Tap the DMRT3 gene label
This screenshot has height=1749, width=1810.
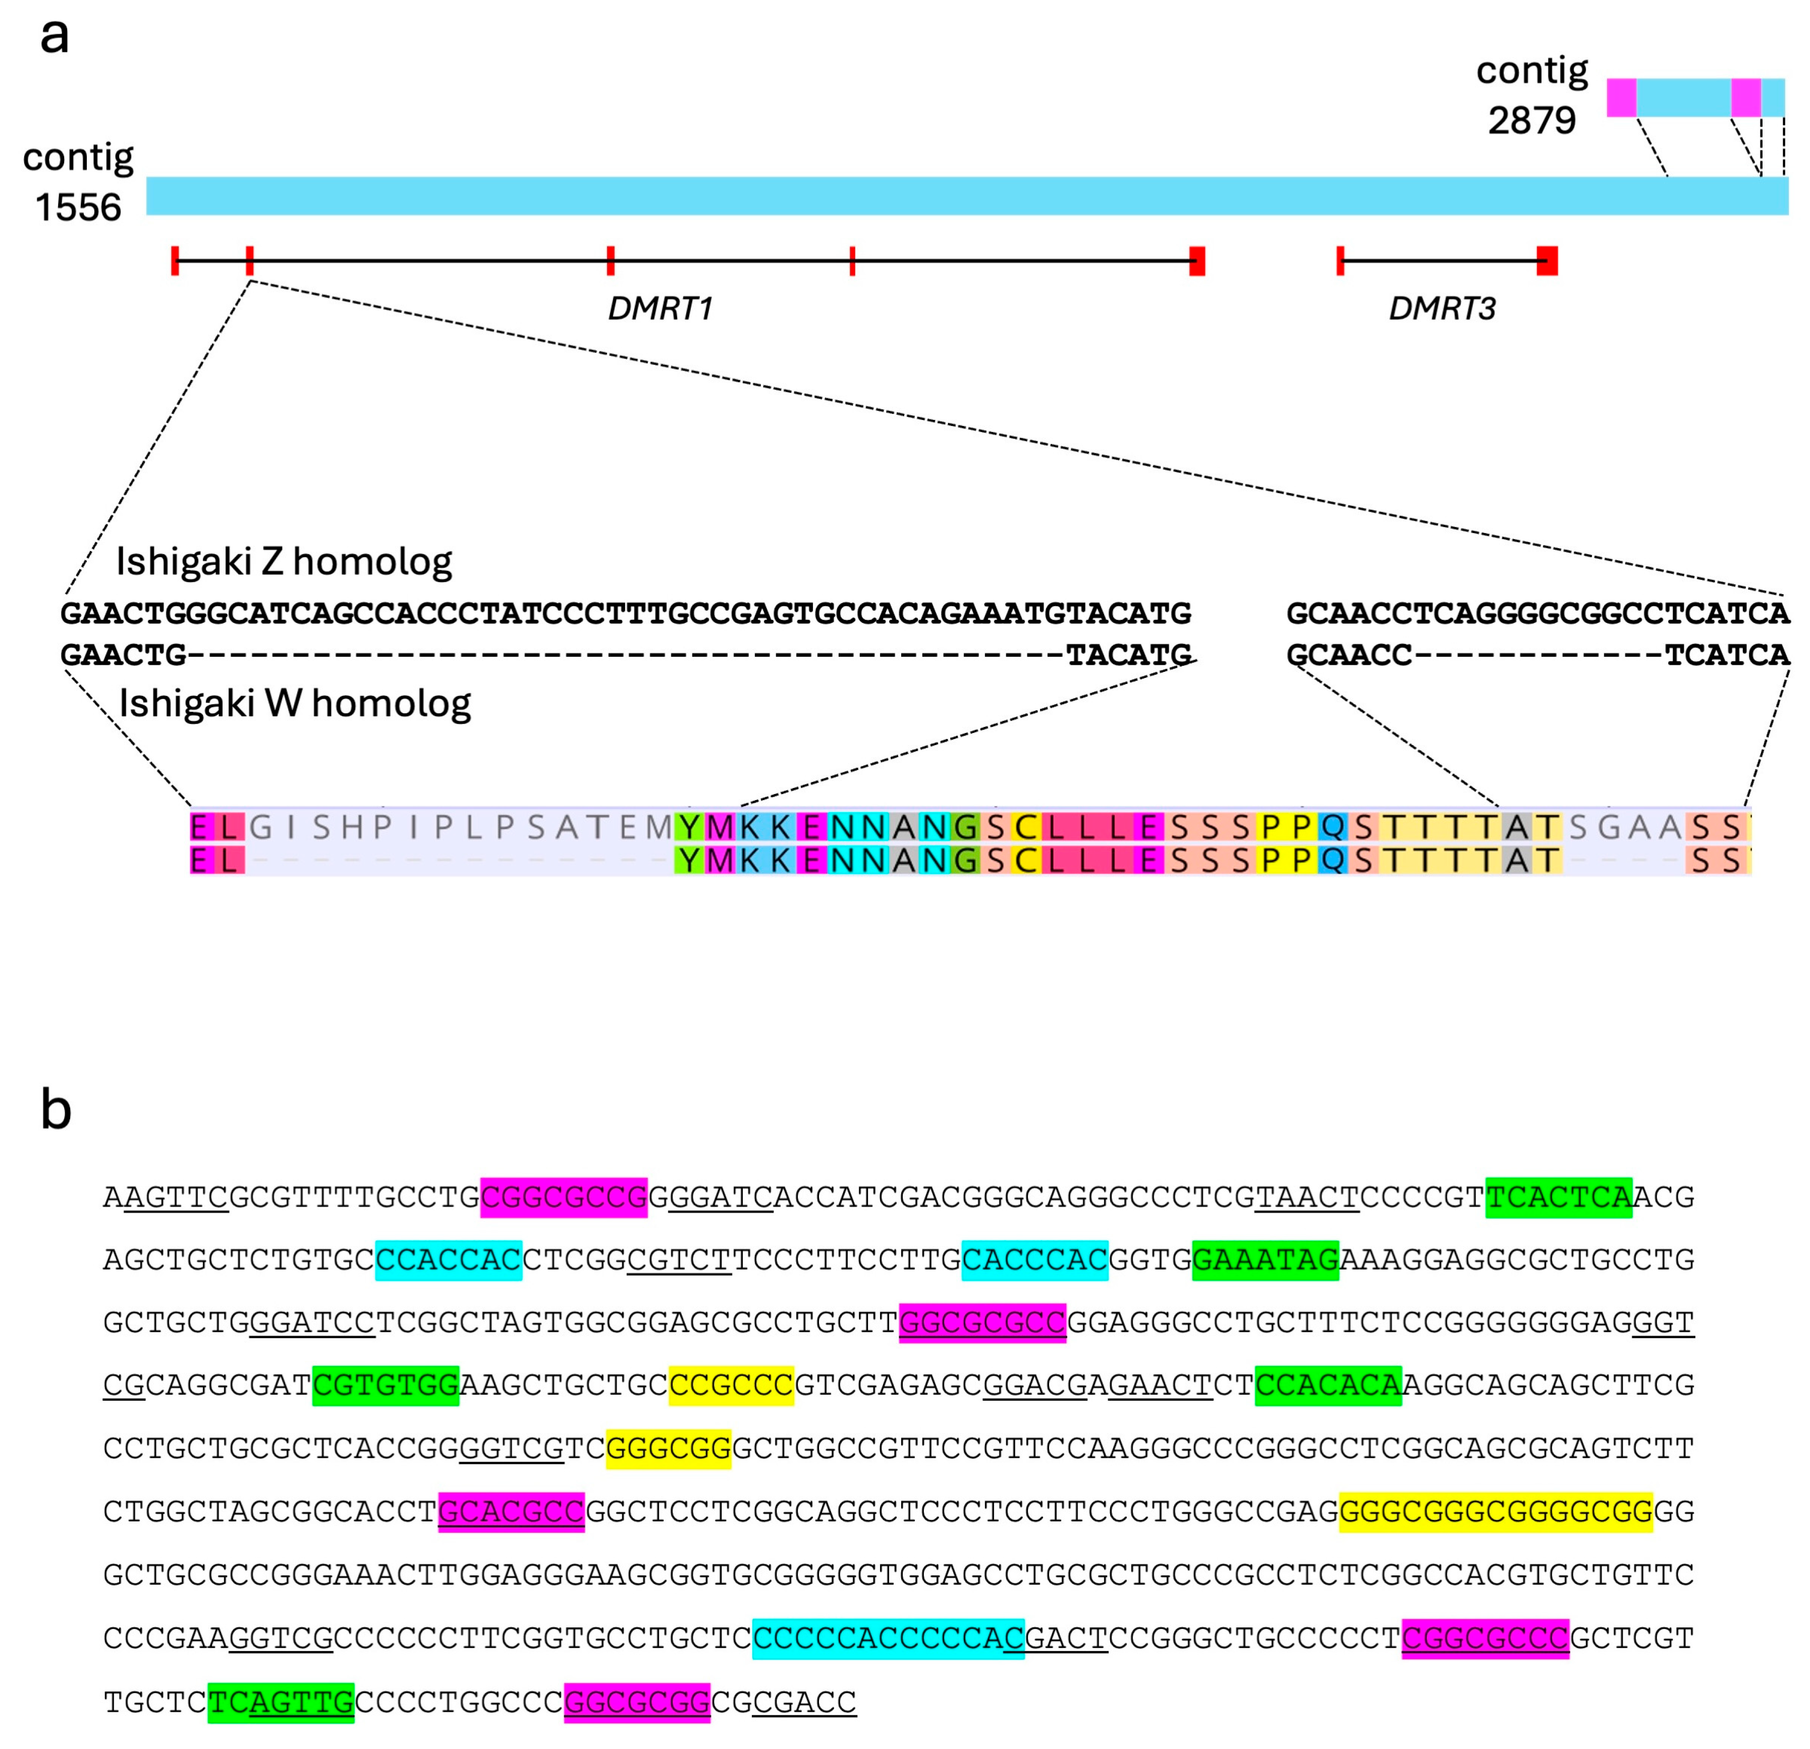click(1442, 308)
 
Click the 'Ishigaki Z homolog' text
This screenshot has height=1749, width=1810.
click(284, 561)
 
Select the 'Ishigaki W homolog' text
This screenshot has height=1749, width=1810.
click(295, 703)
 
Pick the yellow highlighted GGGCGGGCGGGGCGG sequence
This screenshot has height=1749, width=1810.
click(1495, 1512)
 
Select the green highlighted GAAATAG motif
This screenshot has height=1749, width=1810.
click(1265, 1260)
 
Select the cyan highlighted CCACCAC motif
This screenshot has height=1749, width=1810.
click(449, 1260)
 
